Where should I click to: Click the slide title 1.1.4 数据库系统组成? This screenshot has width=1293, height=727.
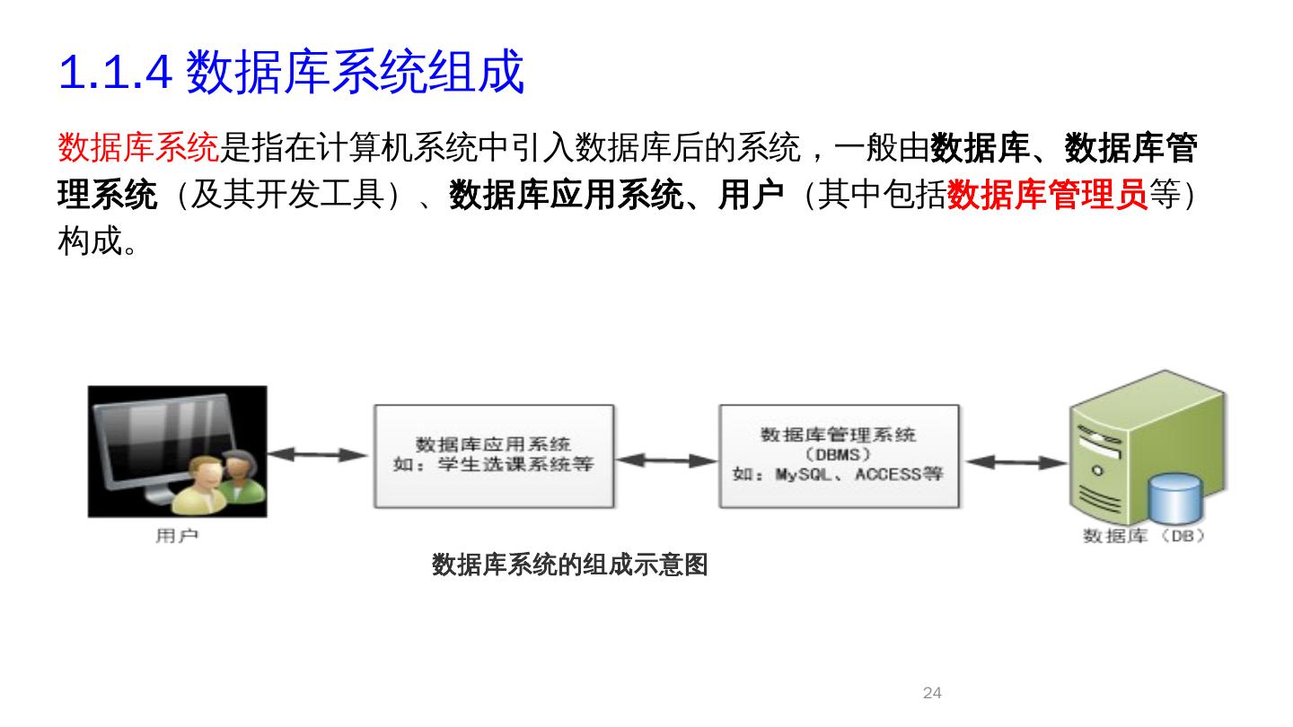[291, 73]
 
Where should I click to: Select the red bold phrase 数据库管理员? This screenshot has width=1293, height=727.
[1047, 195]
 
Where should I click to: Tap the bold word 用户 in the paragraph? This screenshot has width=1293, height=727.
[751, 195]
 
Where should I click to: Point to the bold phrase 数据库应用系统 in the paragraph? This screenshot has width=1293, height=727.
[566, 195]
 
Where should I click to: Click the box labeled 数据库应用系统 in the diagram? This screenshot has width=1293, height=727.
[494, 456]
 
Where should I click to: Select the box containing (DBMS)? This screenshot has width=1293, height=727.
[839, 456]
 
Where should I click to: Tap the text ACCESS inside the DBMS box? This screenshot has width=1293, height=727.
[889, 474]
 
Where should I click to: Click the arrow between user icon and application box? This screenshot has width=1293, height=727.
[319, 455]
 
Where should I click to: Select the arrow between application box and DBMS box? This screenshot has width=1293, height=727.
[666, 460]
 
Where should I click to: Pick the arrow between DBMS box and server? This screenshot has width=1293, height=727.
[1015, 463]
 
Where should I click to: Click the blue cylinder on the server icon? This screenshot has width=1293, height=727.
[1175, 498]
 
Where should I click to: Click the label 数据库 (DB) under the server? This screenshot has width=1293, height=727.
[1144, 536]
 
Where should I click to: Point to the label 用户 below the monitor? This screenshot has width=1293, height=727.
[177, 536]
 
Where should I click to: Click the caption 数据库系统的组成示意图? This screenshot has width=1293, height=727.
[569, 565]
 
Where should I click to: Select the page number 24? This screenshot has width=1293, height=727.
[932, 693]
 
